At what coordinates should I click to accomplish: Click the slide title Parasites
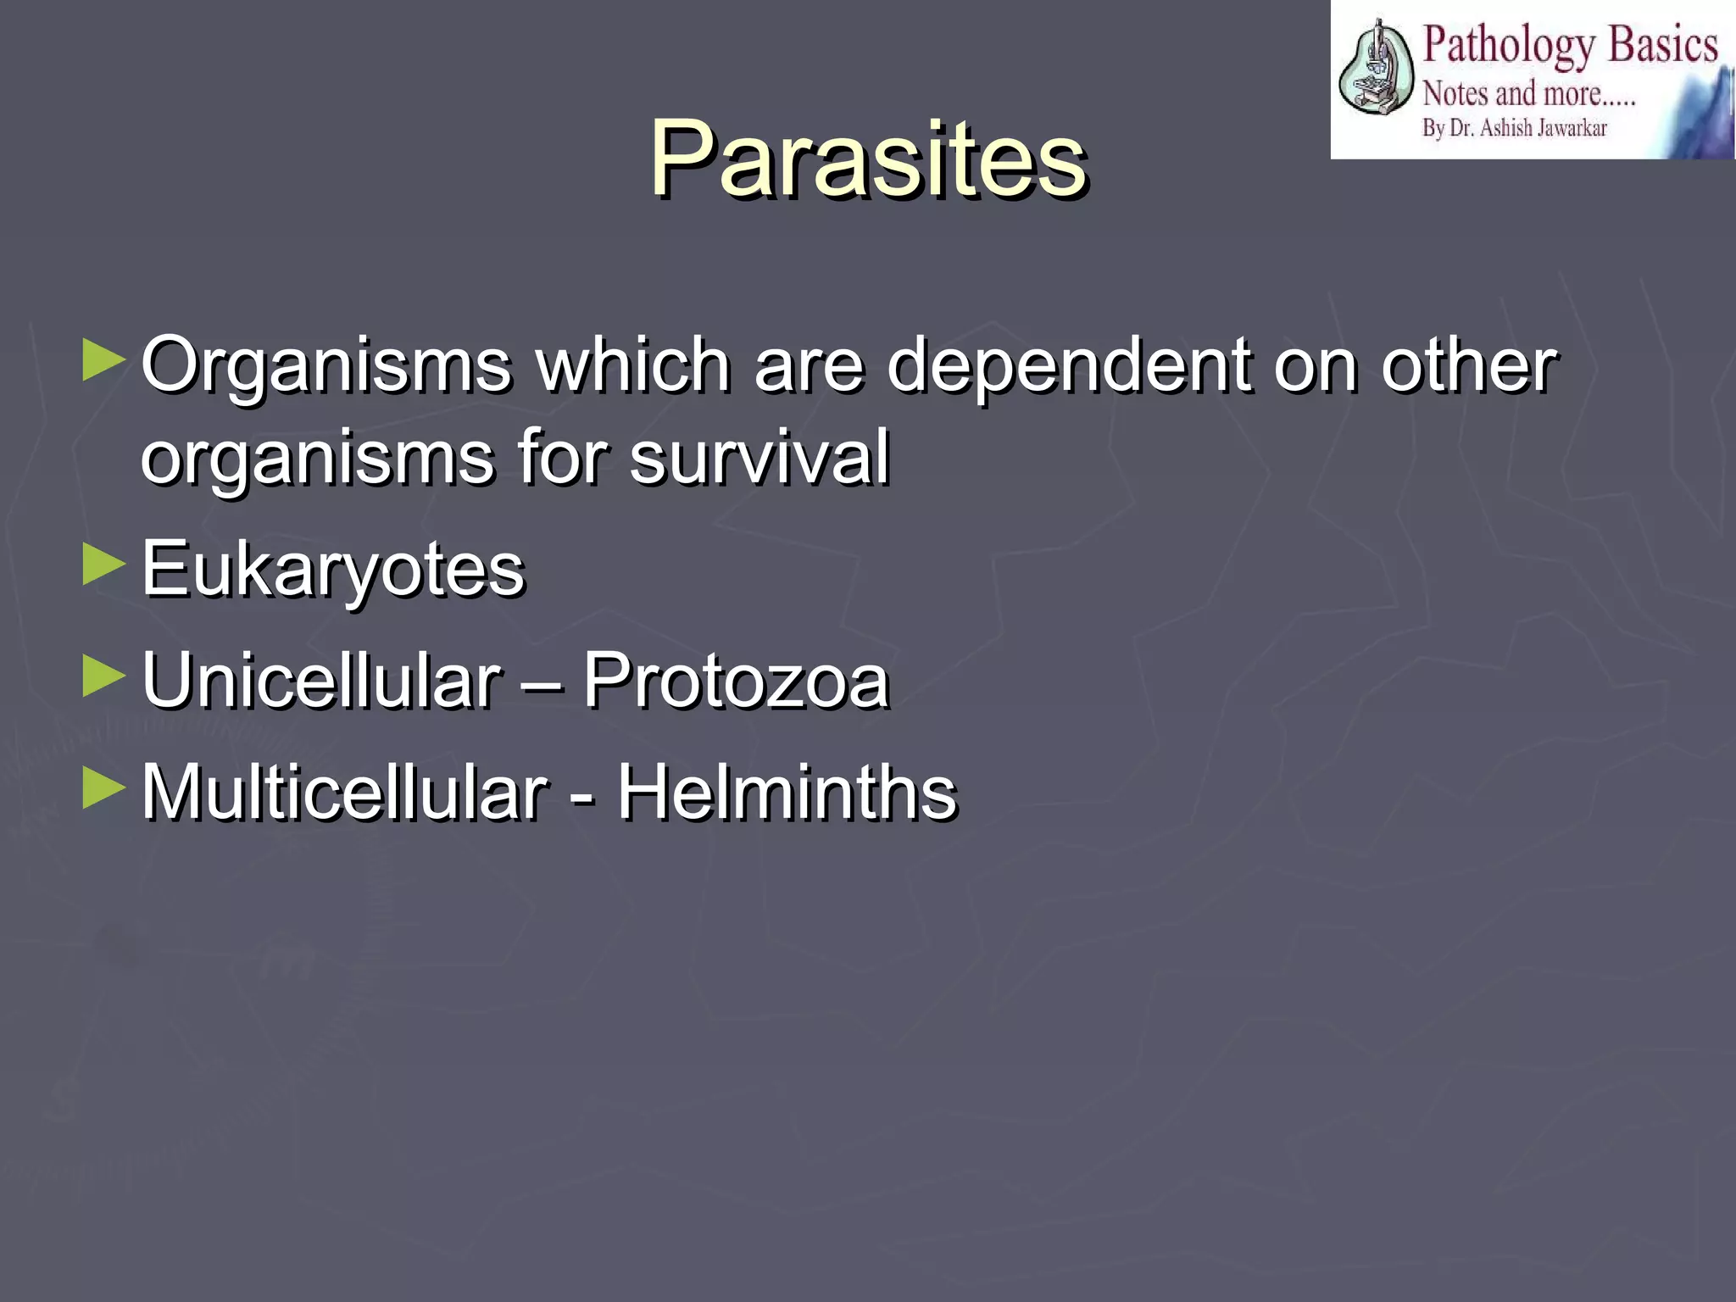point(868,159)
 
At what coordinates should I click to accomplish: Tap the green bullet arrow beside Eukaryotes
point(104,565)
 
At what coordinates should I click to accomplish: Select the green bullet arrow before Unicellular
point(104,677)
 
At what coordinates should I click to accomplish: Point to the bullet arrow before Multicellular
point(104,789)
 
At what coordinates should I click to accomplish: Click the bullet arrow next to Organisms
point(104,361)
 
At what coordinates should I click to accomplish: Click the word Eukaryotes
point(332,570)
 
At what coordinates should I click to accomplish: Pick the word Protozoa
point(736,681)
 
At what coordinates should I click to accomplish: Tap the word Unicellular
point(321,681)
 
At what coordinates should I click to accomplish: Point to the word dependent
point(1068,366)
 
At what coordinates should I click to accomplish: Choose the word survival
point(759,458)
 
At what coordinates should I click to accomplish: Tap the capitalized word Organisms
point(326,366)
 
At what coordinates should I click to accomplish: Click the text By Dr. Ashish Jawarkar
point(1514,129)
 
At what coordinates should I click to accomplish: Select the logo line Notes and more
point(1528,93)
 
